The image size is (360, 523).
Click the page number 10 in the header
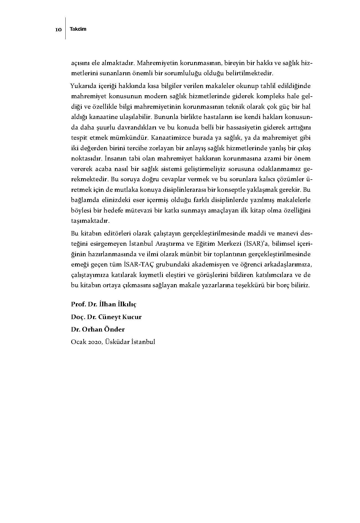pos(58,30)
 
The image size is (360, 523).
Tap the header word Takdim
pos(78,29)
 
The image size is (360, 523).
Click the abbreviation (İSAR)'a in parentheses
pos(258,244)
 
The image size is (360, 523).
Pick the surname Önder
pos(114,329)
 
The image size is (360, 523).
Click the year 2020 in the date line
pos(95,342)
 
